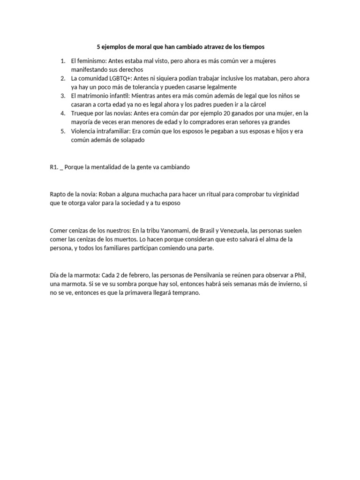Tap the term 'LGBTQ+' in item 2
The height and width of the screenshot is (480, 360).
coord(121,78)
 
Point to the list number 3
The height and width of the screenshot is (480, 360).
coord(63,96)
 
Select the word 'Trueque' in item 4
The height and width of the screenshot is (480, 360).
coord(83,113)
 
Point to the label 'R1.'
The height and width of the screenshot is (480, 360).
coord(53,167)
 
